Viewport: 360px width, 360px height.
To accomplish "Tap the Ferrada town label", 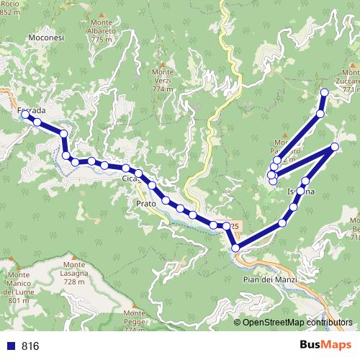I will coord(31,110).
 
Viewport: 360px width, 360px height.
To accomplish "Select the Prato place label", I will coord(147,204).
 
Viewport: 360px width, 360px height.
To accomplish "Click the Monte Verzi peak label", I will coord(163,80).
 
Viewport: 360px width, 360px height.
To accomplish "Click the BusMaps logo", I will coord(322,345).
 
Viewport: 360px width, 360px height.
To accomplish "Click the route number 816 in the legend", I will coord(30,346).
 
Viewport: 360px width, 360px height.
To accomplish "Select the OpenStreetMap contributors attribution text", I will coord(297,322).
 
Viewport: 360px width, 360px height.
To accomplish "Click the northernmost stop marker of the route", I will coord(324,91).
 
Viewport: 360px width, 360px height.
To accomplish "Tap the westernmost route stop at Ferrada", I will coord(25,114).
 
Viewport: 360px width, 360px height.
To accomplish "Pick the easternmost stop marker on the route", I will coord(336,148).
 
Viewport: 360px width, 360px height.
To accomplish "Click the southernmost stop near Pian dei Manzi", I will coord(236,248).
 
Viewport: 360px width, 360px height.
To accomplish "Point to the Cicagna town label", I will coord(130,178).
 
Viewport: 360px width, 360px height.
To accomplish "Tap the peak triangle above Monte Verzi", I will coord(163,63).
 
